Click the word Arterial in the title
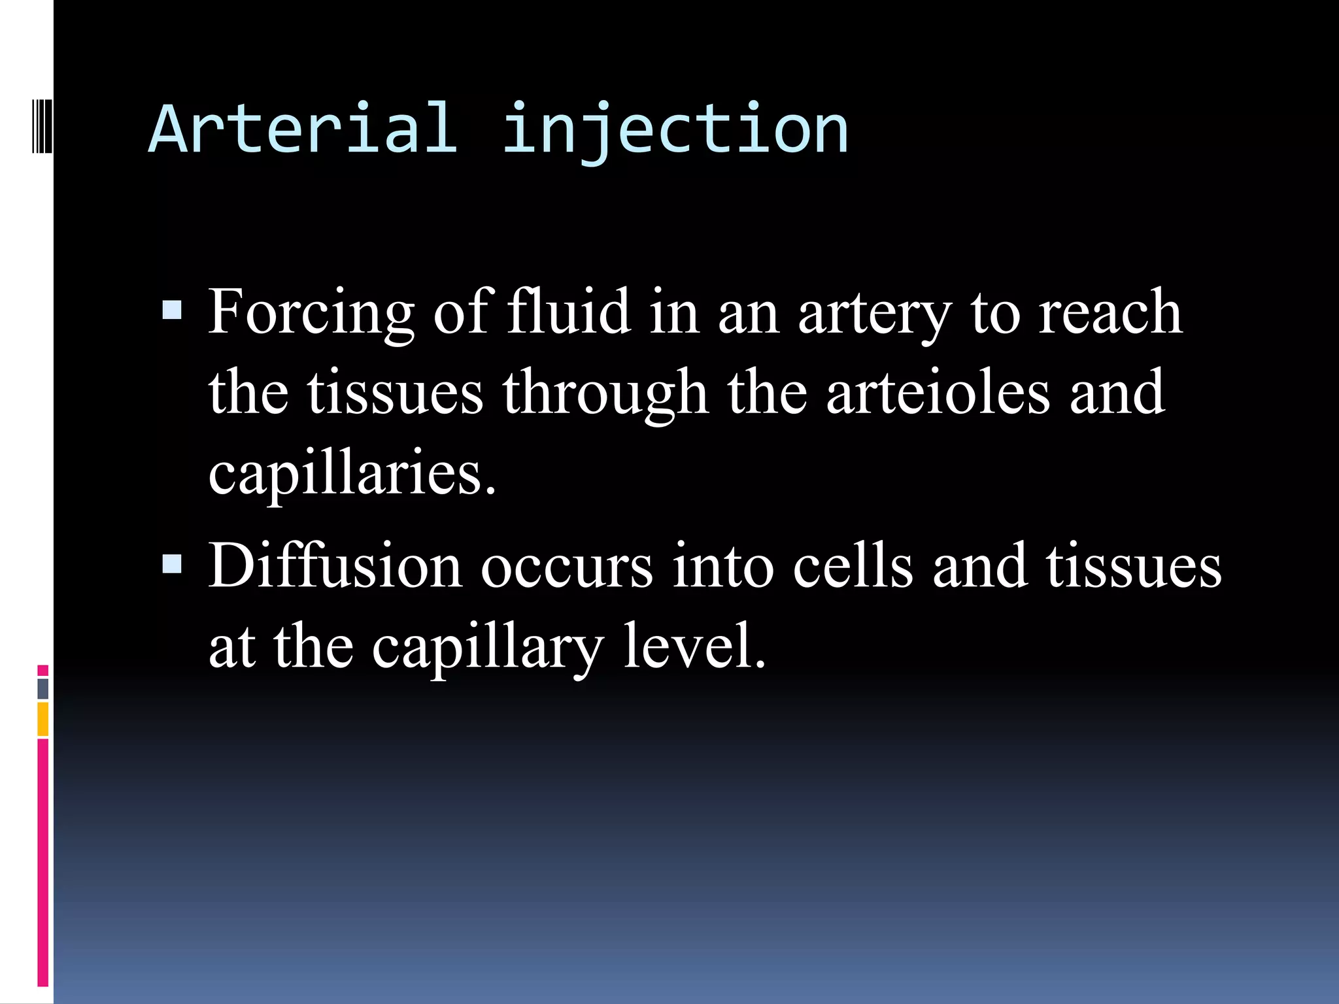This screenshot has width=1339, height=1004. (x=303, y=129)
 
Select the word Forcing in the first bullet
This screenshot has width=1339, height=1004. (x=311, y=312)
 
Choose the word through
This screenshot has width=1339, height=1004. (x=605, y=393)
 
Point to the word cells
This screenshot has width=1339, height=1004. (x=853, y=566)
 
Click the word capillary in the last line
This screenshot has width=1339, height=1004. (x=487, y=647)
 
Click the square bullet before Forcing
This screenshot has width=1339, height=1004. (x=172, y=310)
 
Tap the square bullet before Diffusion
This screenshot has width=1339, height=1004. (x=172, y=563)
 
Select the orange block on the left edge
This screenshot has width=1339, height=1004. (x=43, y=718)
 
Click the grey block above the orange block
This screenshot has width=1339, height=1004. (x=43, y=688)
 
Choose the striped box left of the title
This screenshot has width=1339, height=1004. (x=42, y=124)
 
